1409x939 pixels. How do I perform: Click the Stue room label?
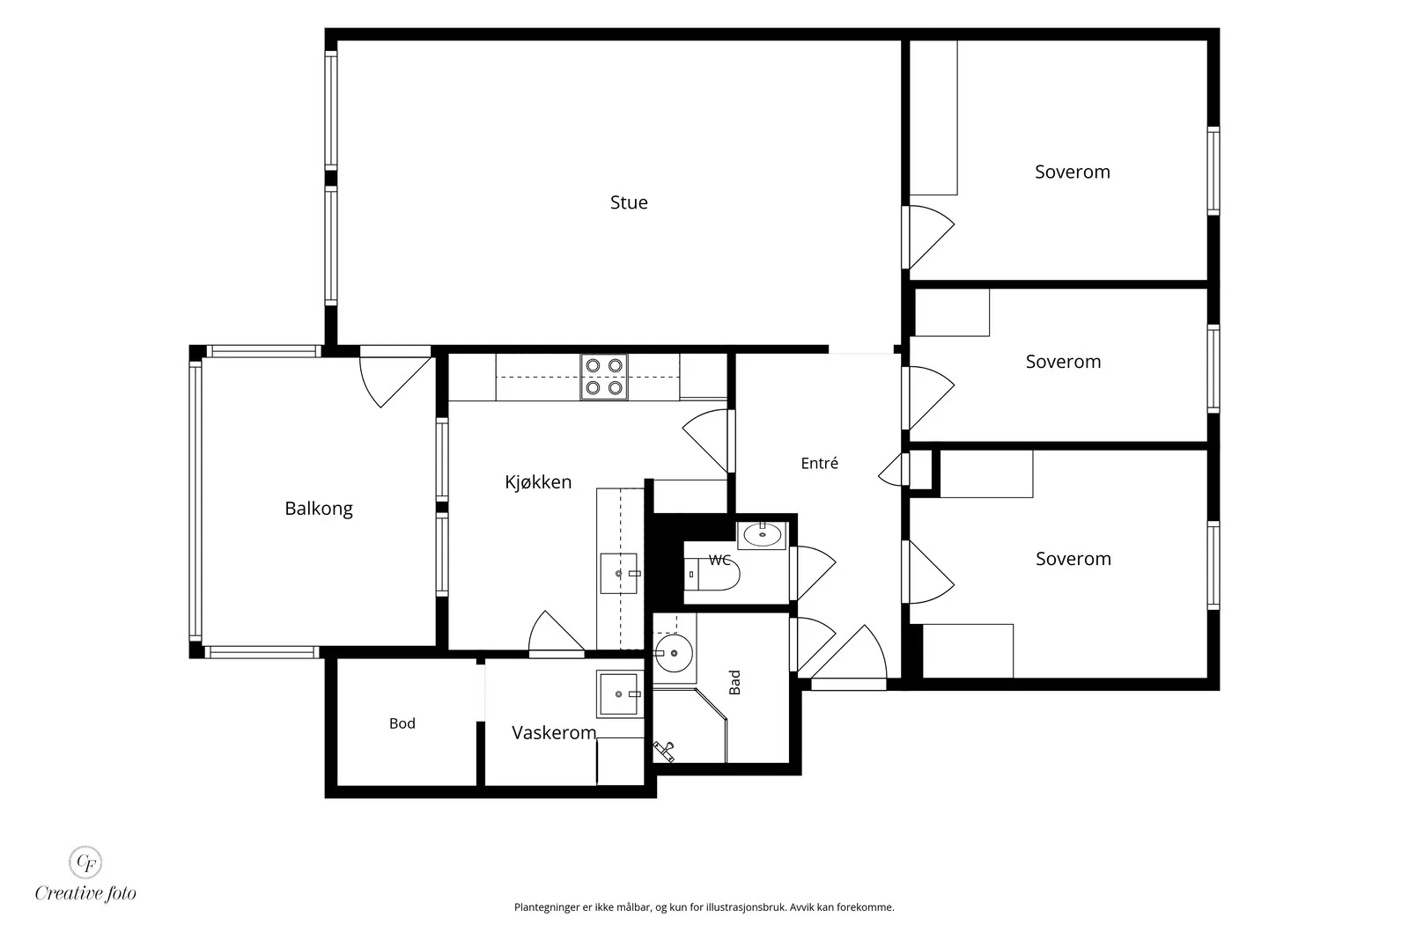point(629,202)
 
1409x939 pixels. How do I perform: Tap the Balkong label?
point(318,509)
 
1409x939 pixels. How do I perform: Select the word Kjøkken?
point(538,482)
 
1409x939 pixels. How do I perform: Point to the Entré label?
point(819,463)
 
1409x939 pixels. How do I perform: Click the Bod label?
point(402,723)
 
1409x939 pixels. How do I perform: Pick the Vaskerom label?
point(554,733)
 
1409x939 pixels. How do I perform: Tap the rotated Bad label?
point(734,683)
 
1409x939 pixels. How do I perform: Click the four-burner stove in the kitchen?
point(604,378)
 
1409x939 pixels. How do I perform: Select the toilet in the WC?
point(712,574)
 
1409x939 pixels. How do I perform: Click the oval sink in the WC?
point(763,535)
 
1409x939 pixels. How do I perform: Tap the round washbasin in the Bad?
point(673,653)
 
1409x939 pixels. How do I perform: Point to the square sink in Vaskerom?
point(620,693)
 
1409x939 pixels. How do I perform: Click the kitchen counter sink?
point(619,573)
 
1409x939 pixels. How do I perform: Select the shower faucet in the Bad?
point(664,751)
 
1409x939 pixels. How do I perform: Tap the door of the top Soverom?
point(928,237)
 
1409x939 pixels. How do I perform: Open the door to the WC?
point(813,573)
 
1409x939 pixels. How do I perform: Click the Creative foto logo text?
point(85,893)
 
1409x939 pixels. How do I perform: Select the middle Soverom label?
point(1063,362)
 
